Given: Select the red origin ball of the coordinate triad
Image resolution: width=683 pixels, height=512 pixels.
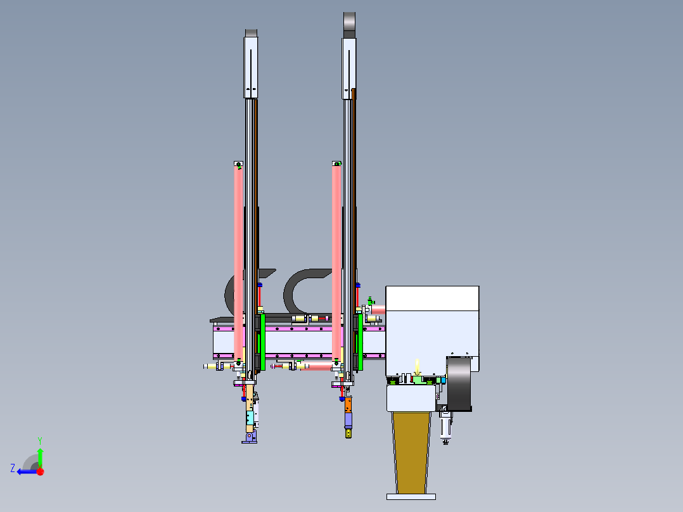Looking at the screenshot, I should point(40,471).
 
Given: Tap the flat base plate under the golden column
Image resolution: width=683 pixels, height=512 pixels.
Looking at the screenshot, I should point(411,496).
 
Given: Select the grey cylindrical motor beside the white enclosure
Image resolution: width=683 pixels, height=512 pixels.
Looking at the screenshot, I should point(460,384).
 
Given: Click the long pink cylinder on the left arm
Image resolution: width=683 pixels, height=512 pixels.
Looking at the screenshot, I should point(239,260).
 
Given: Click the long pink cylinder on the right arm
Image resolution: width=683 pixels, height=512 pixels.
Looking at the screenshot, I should point(336,260).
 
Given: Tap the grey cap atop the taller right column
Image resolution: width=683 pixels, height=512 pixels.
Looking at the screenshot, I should point(350,25).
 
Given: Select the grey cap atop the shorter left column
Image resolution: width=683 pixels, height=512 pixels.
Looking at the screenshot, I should point(252,33).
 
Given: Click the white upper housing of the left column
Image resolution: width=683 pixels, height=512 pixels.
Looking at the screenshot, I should point(252,67).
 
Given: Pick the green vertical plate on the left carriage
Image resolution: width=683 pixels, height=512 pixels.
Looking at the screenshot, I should point(260,342).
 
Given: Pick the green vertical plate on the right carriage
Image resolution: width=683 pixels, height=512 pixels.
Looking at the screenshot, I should point(359,342).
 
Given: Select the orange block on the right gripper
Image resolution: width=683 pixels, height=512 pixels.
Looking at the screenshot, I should point(348,404).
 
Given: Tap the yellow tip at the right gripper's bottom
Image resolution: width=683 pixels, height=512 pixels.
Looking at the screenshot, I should point(348,433).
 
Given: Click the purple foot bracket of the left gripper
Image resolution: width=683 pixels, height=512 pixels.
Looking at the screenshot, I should point(250,437).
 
